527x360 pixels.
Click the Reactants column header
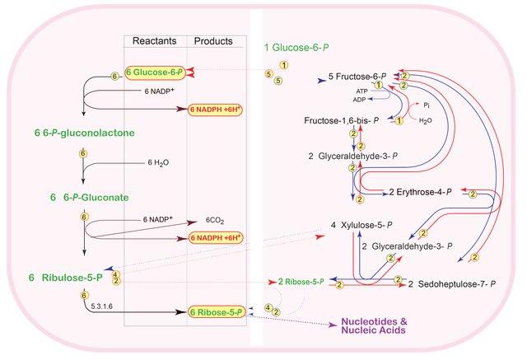click(154, 41)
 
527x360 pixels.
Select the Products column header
click(213, 41)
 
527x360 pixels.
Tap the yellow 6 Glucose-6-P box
click(155, 72)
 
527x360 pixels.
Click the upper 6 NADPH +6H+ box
click(215, 110)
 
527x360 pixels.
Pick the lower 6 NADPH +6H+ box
click(215, 238)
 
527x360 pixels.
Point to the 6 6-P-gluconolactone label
click(84, 133)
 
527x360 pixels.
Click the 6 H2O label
click(158, 162)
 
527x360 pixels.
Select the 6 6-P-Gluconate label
click(90, 197)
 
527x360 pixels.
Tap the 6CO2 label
click(215, 221)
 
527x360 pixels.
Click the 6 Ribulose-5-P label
click(66, 278)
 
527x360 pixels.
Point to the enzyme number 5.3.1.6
click(101, 306)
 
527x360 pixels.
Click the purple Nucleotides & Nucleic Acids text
click(374, 325)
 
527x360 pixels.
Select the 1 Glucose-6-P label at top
click(296, 48)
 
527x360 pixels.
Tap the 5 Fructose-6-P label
click(357, 77)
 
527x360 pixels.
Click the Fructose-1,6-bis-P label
click(342, 120)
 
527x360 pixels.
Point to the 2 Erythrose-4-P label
click(420, 192)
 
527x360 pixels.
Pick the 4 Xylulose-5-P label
click(361, 225)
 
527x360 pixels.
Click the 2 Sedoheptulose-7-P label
click(452, 284)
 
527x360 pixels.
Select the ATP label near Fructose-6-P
click(362, 91)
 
